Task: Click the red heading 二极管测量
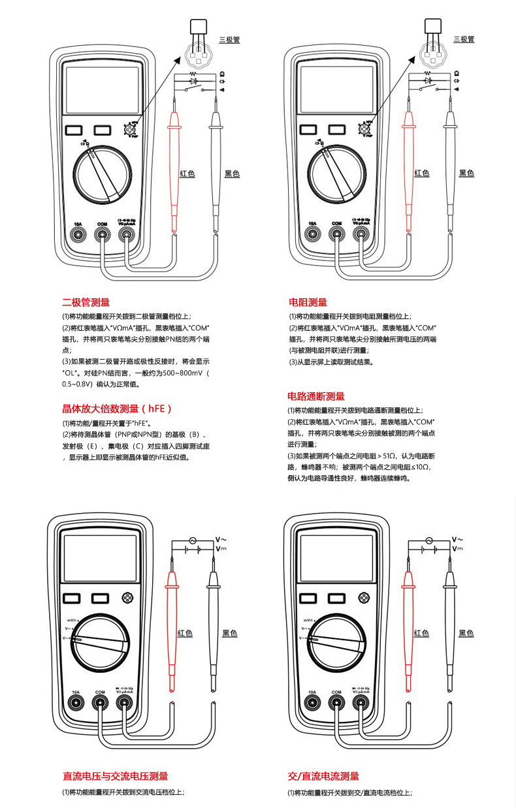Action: pyautogui.click(x=86, y=302)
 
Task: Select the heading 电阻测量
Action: pyautogui.click(x=308, y=302)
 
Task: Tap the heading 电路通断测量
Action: pyautogui.click(x=316, y=396)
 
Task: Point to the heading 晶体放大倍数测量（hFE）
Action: pyautogui.click(x=117, y=409)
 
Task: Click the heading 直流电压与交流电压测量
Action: pyautogui.click(x=115, y=776)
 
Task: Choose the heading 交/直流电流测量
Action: pyautogui.click(x=323, y=776)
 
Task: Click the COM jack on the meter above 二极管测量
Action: pyautogui.click(x=102, y=234)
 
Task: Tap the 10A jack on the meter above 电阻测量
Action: pyautogui.click(x=312, y=234)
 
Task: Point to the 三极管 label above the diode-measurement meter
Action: pyautogui.click(x=229, y=40)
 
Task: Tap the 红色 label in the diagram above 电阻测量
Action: pyautogui.click(x=421, y=173)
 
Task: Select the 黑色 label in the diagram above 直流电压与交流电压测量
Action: pyautogui.click(x=230, y=633)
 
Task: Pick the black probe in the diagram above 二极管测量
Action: pyautogui.click(x=216, y=163)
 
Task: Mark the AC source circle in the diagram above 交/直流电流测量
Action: pyautogui.click(x=429, y=540)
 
